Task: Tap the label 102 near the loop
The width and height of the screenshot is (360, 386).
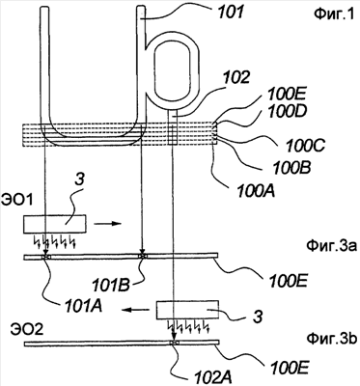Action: pos(235,77)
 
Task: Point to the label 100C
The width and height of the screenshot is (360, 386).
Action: pos(305,146)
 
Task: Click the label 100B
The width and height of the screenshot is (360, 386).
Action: pos(291,168)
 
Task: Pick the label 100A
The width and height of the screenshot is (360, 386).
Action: pos(256,191)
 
